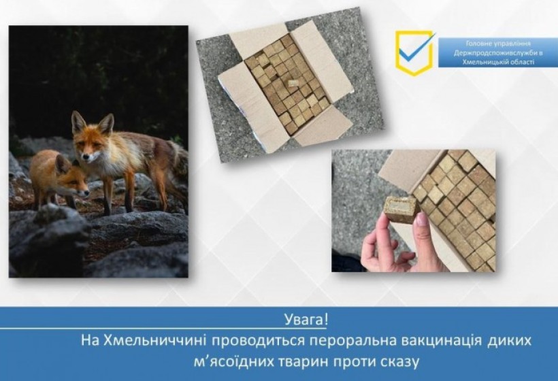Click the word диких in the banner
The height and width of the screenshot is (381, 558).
510,340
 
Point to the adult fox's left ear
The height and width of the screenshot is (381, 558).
77,121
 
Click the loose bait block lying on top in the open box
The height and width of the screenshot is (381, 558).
293,84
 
